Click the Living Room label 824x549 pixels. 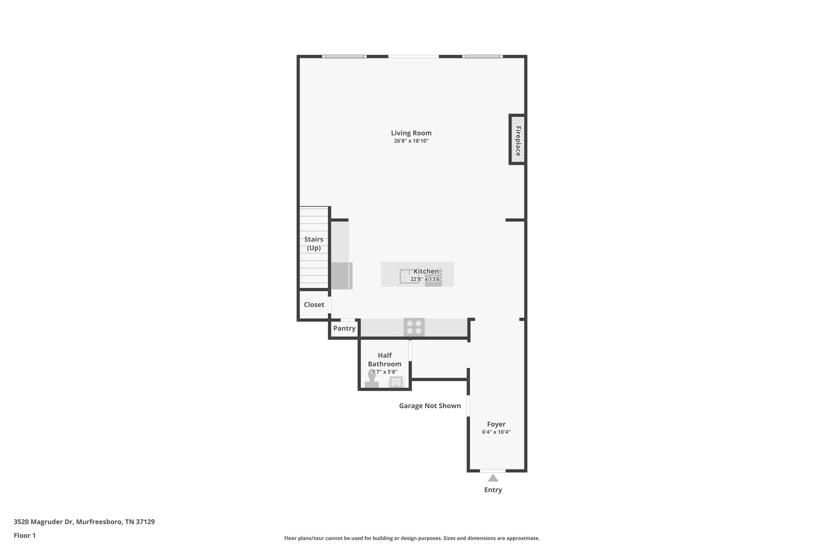click(411, 133)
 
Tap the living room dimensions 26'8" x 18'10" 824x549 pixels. click(411, 141)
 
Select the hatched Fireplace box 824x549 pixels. click(518, 140)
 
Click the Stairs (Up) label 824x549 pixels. click(313, 243)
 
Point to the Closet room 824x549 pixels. click(314, 305)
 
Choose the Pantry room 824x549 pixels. click(344, 329)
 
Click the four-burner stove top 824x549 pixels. click(414, 327)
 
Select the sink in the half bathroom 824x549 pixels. click(396, 382)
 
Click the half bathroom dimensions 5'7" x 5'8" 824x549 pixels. click(384, 372)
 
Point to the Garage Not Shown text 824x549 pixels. click(430, 406)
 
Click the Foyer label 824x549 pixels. click(496, 424)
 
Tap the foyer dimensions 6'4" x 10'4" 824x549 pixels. click(496, 432)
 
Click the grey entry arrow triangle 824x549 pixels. click(493, 478)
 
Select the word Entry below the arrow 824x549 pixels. click(493, 490)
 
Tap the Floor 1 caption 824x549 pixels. click(25, 536)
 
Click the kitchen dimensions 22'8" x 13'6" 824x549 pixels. click(426, 279)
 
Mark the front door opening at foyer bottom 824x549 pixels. click(492, 471)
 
